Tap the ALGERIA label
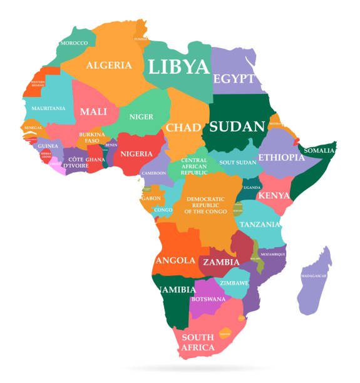click(109, 65)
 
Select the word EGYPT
click(234, 79)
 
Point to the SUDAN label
click(237, 126)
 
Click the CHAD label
click(183, 128)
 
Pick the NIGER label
click(141, 116)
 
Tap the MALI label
click(93, 112)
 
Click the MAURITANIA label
click(48, 108)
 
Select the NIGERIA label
click(136, 154)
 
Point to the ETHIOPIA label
click(281, 157)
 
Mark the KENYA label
click(274, 196)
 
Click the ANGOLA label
click(175, 260)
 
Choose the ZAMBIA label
click(221, 262)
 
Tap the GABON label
click(151, 198)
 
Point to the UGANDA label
click(252, 188)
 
